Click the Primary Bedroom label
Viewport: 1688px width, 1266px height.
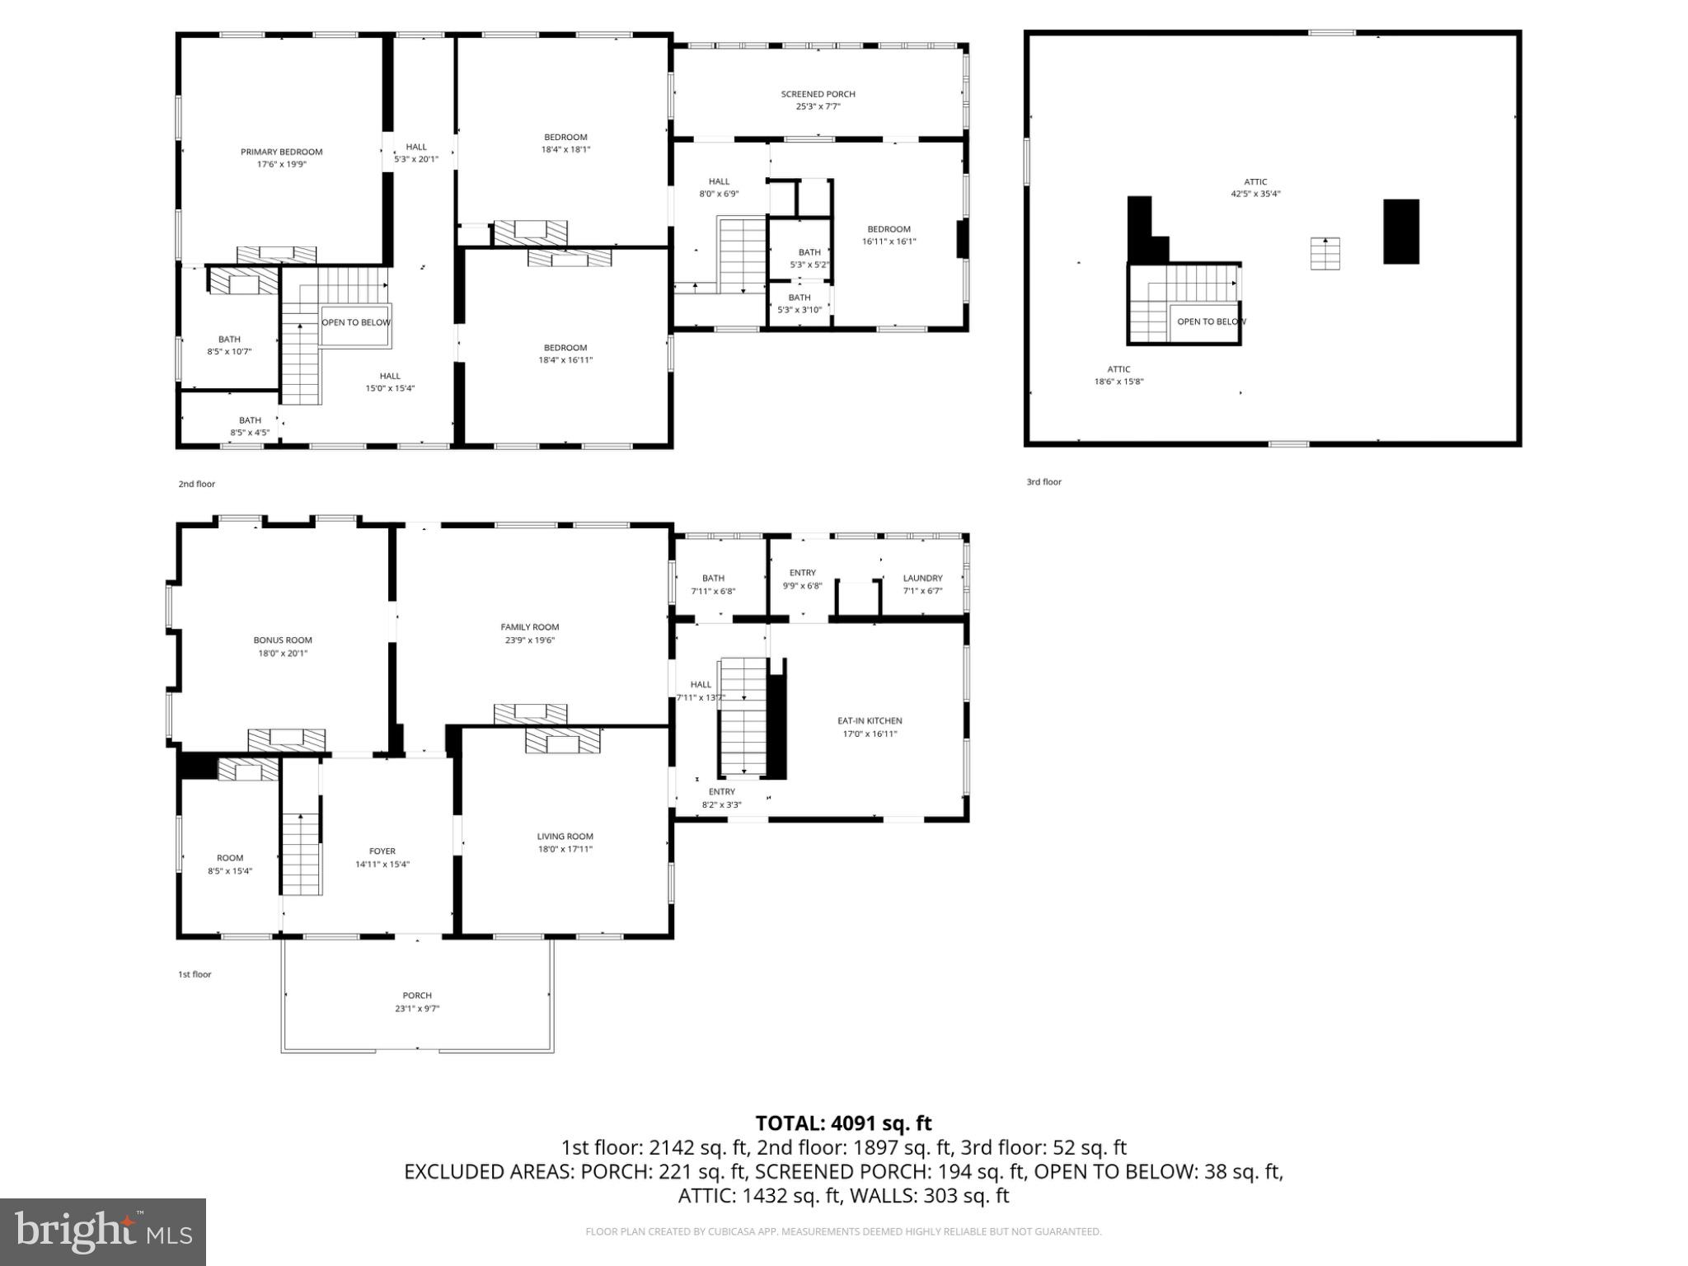[x=281, y=152]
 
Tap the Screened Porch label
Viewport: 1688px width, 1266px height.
[x=818, y=95]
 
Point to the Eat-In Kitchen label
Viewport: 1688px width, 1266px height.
[x=870, y=721]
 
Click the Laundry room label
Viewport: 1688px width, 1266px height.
[x=922, y=579]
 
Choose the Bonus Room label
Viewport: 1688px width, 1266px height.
[x=283, y=640]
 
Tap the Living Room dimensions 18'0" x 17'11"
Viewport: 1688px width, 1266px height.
[x=565, y=849]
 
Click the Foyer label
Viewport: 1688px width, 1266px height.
[x=382, y=851]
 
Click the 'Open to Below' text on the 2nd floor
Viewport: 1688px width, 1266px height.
[x=356, y=322]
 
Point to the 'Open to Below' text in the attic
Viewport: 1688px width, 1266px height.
[x=1211, y=321]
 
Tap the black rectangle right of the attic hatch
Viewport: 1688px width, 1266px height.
[x=1400, y=232]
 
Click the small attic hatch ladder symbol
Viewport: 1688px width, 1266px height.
[x=1325, y=253]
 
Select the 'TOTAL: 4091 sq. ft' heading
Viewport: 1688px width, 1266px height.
[x=843, y=1123]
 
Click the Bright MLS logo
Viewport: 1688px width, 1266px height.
[x=103, y=1231]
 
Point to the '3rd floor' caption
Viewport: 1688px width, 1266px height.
[x=1043, y=482]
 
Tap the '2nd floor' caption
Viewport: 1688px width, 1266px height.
[x=196, y=484]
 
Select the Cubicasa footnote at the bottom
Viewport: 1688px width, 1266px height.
[x=843, y=1232]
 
